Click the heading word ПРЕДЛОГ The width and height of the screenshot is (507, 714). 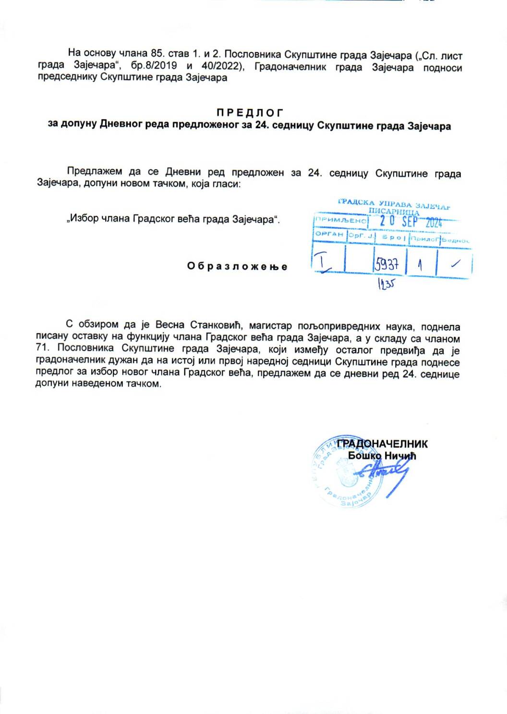click(x=250, y=113)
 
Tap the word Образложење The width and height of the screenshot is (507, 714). click(x=237, y=266)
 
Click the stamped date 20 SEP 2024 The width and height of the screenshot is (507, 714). click(x=410, y=222)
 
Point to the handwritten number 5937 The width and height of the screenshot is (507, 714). click(x=387, y=264)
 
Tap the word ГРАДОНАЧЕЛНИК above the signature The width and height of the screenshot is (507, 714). click(x=382, y=444)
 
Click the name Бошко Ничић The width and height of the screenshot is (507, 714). click(x=382, y=455)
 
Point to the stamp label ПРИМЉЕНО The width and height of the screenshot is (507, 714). click(x=340, y=220)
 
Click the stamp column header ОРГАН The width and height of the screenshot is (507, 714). click(x=329, y=234)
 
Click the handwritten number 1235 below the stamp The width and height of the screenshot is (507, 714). click(x=386, y=284)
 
